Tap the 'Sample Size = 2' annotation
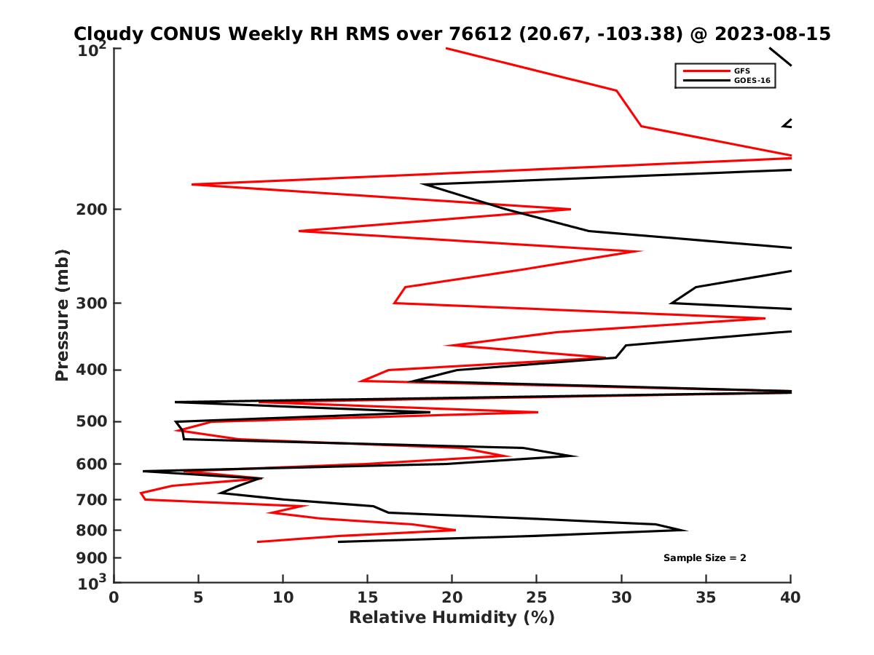pyautogui.click(x=704, y=558)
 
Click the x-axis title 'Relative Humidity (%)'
pyautogui.click(x=452, y=618)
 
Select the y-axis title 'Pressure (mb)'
pyautogui.click(x=62, y=314)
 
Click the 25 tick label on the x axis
pyautogui.click(x=537, y=598)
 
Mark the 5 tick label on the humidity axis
pyautogui.click(x=199, y=598)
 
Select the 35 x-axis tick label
pyautogui.click(x=706, y=598)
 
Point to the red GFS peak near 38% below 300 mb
pyautogui.click(x=764, y=318)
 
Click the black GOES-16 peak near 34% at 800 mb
pyautogui.click(x=685, y=530)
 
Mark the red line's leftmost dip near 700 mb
pyautogui.click(x=141, y=495)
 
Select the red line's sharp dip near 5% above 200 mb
pyautogui.click(x=193, y=184)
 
